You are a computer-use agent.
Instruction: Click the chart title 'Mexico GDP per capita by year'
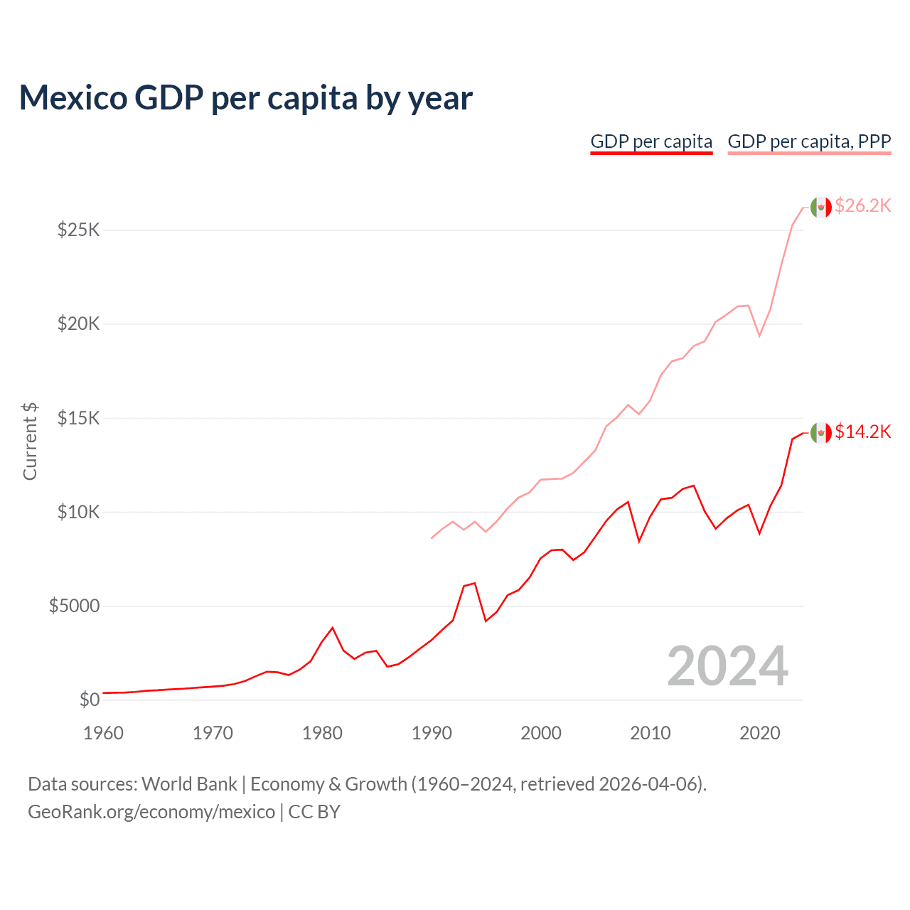pyautogui.click(x=245, y=98)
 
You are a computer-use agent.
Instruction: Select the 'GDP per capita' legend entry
pyautogui.click(x=651, y=141)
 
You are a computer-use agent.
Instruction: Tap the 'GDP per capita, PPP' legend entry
pyautogui.click(x=809, y=141)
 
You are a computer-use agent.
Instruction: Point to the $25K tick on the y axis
pyautogui.click(x=78, y=230)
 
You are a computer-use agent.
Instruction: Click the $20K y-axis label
pyautogui.click(x=78, y=324)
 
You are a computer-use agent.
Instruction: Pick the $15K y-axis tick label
pyautogui.click(x=78, y=418)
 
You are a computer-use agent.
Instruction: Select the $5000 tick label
pyautogui.click(x=74, y=606)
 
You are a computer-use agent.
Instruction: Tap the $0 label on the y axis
pyautogui.click(x=89, y=700)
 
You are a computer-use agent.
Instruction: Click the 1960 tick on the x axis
pyautogui.click(x=104, y=733)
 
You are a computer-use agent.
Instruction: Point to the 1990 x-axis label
pyautogui.click(x=432, y=733)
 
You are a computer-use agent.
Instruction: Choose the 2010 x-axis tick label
pyautogui.click(x=650, y=733)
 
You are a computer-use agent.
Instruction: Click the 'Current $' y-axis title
pyautogui.click(x=30, y=441)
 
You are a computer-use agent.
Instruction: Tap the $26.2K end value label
pyautogui.click(x=862, y=205)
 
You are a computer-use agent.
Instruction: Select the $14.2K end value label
pyautogui.click(x=862, y=432)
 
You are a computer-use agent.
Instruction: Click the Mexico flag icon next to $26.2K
pyautogui.click(x=820, y=207)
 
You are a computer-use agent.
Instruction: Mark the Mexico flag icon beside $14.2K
pyautogui.click(x=820, y=432)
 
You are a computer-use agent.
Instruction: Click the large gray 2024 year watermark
pyautogui.click(x=727, y=666)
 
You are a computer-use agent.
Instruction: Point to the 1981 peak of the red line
pyautogui.click(x=332, y=628)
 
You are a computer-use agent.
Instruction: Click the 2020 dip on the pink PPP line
pyautogui.click(x=759, y=336)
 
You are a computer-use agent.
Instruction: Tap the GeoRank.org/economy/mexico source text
pyautogui.click(x=151, y=811)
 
